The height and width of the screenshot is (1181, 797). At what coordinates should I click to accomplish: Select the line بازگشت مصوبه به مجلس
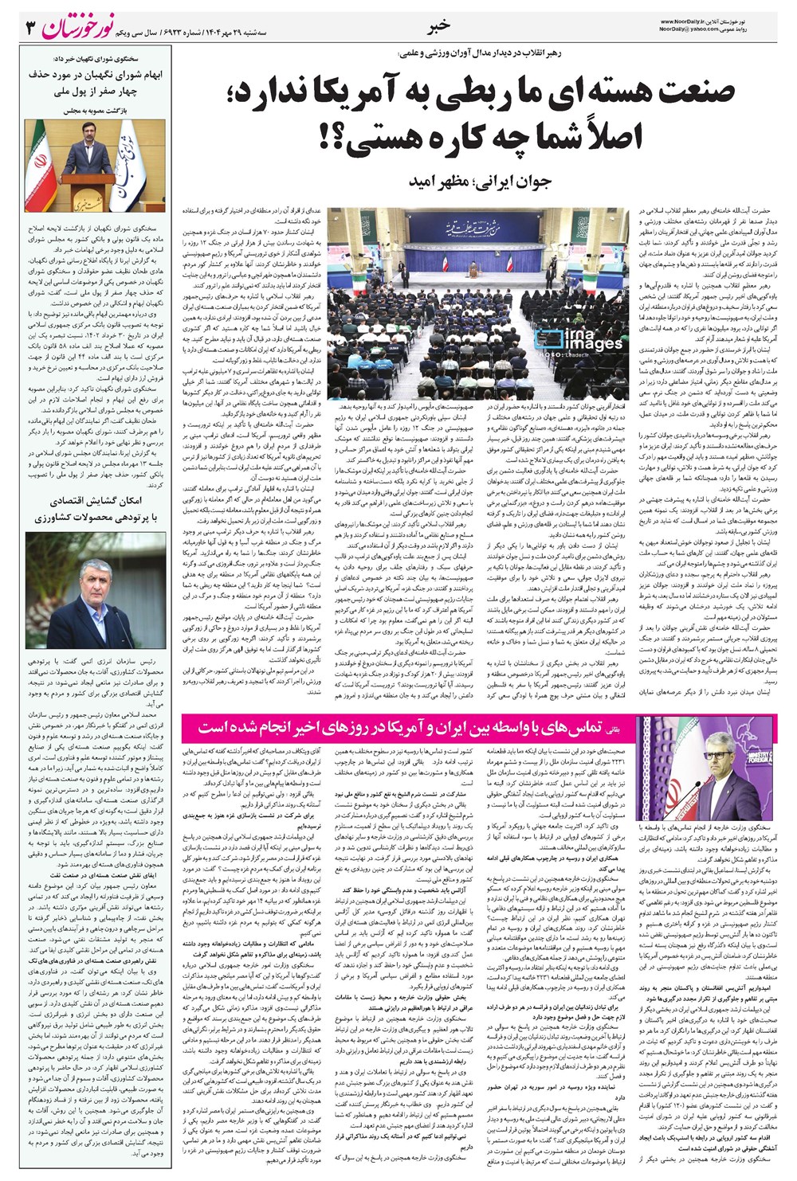coord(96,108)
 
